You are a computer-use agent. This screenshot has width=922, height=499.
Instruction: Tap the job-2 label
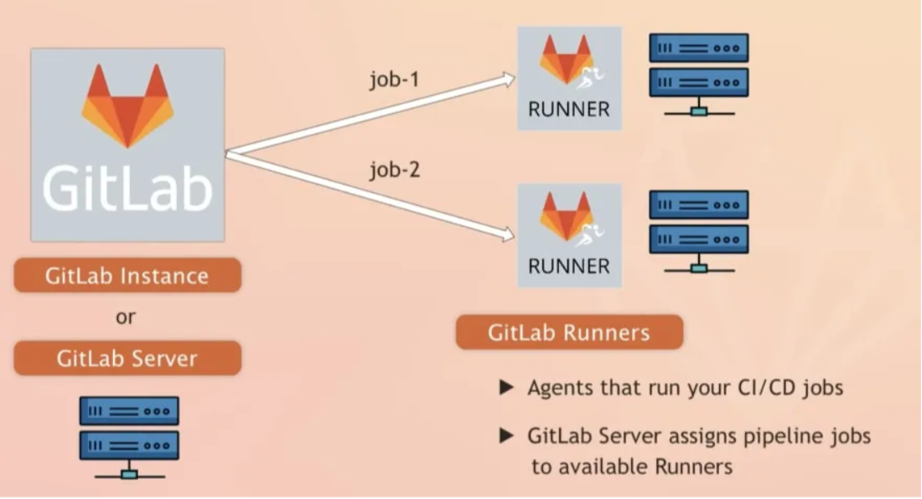tap(396, 172)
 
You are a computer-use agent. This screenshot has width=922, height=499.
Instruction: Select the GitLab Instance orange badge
tap(127, 275)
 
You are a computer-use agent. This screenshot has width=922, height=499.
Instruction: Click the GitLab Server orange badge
tap(127, 358)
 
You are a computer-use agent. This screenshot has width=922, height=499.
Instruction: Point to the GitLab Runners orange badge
tap(569, 332)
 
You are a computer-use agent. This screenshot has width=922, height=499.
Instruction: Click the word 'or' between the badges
tap(126, 317)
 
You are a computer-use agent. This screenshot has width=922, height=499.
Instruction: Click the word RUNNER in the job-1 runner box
tap(569, 110)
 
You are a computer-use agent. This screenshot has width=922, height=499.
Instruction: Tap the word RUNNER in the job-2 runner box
tap(569, 267)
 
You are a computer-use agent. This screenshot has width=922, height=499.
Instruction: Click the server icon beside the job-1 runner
tap(698, 74)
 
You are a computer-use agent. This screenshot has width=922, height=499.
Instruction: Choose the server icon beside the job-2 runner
tap(698, 231)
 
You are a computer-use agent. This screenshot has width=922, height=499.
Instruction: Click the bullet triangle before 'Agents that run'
tap(505, 388)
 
